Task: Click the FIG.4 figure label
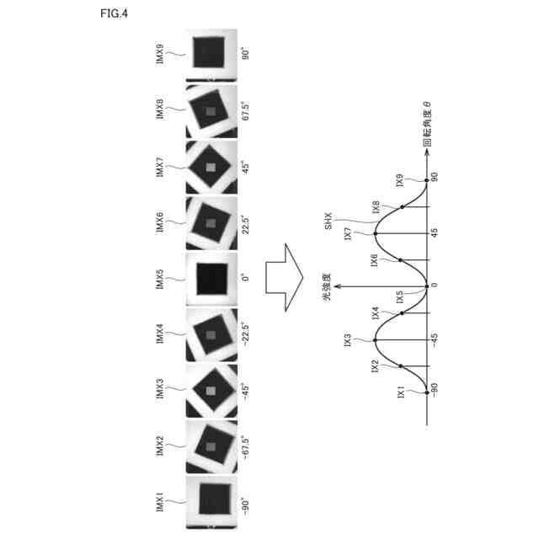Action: [x=115, y=13]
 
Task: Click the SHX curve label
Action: [x=330, y=223]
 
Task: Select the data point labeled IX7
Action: [x=376, y=232]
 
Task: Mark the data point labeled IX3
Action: [x=376, y=339]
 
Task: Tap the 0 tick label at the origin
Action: [x=435, y=285]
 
